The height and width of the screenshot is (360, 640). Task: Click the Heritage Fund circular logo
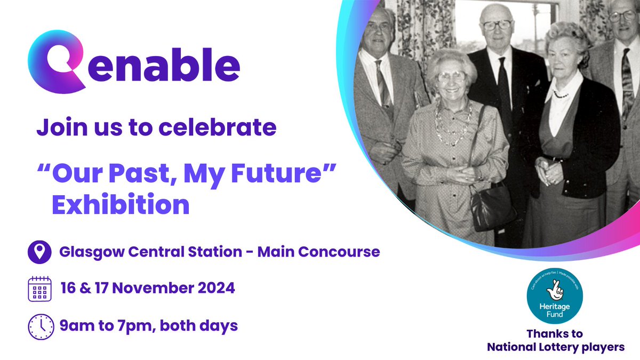555,297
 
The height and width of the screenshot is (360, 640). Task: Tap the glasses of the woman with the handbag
449,76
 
